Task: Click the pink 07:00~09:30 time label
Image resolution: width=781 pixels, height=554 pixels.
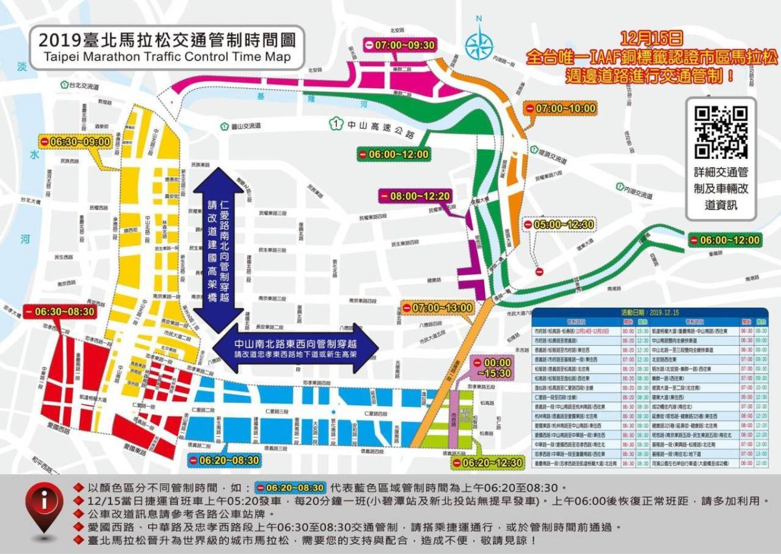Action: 400,46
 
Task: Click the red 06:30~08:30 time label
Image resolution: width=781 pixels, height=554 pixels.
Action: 59,312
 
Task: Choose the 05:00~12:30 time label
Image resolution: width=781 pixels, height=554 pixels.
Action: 560,225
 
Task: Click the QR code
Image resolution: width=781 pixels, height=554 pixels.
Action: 721,132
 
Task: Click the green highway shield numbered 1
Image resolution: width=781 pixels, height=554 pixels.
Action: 335,123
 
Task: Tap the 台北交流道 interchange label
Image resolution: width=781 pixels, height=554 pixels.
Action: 79,85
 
